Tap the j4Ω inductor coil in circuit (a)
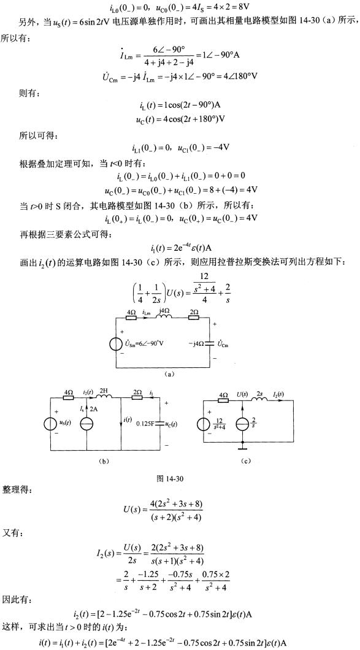tap(163, 318)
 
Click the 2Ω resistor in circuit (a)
tap(193, 319)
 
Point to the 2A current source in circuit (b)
tap(86, 423)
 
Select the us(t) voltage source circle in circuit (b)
tap(50, 423)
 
